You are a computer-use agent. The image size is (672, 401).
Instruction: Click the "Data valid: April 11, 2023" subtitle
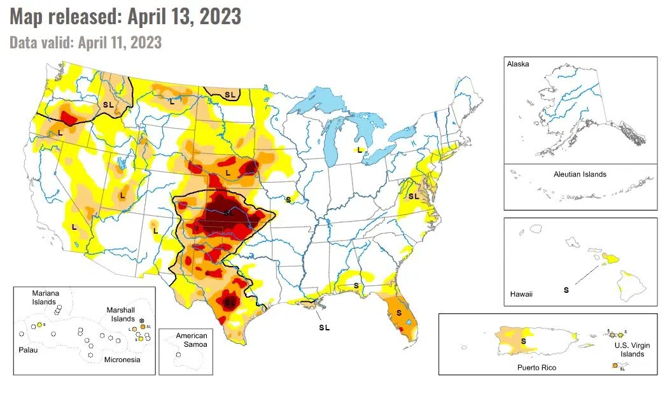click(x=86, y=43)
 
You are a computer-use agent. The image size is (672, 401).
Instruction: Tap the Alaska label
click(x=517, y=64)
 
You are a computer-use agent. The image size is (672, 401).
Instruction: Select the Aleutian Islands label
click(x=580, y=174)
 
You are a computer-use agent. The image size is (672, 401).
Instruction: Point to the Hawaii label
click(x=521, y=294)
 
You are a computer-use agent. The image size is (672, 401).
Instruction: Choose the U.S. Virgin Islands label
click(x=628, y=349)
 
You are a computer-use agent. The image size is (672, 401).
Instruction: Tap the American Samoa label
click(x=192, y=340)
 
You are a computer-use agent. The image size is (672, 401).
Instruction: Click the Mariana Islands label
click(x=45, y=297)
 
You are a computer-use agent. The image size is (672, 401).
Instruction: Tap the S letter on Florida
click(x=399, y=313)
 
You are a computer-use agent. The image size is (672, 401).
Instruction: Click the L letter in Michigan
click(x=359, y=150)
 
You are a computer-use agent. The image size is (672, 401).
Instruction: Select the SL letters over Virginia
click(x=414, y=196)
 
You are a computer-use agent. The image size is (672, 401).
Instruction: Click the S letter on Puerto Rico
click(x=523, y=341)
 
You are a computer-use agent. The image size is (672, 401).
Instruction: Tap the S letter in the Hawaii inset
click(x=566, y=290)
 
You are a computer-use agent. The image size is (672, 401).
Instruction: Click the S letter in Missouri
click(x=288, y=199)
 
